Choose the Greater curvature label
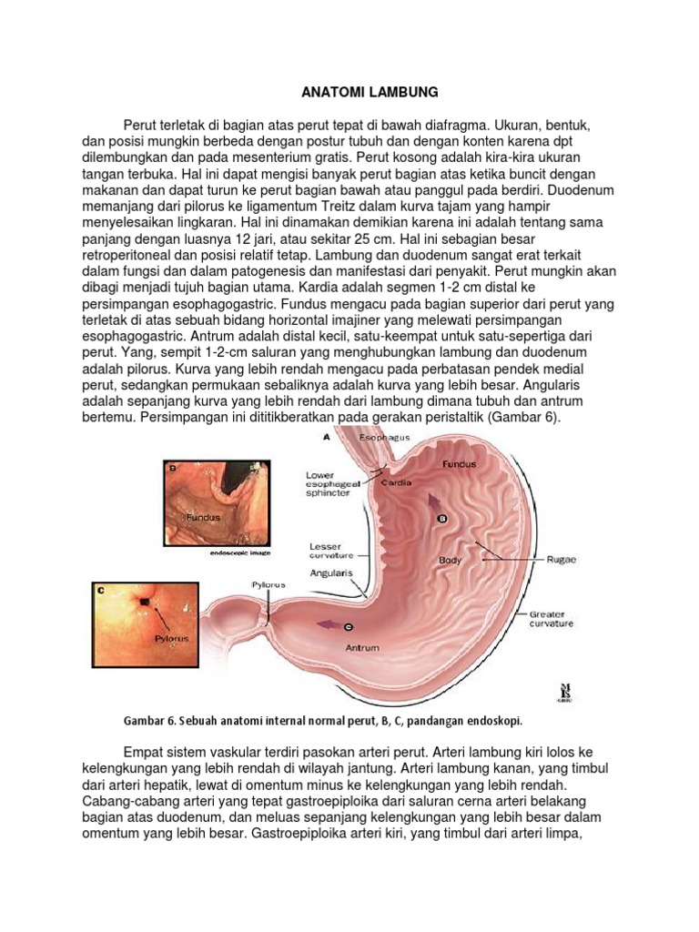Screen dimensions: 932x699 pyautogui.click(x=552, y=620)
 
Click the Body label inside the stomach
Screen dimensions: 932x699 pyautogui.click(x=451, y=560)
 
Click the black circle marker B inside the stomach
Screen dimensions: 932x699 pyautogui.click(x=444, y=518)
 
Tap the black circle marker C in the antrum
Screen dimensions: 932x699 pyautogui.click(x=349, y=627)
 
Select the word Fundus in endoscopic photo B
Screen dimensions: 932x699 pyautogui.click(x=203, y=517)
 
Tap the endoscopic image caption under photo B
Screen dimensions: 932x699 pyautogui.click(x=241, y=552)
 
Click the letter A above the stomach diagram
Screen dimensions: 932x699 pyautogui.click(x=327, y=438)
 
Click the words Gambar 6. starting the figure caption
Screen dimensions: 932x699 pyautogui.click(x=149, y=721)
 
